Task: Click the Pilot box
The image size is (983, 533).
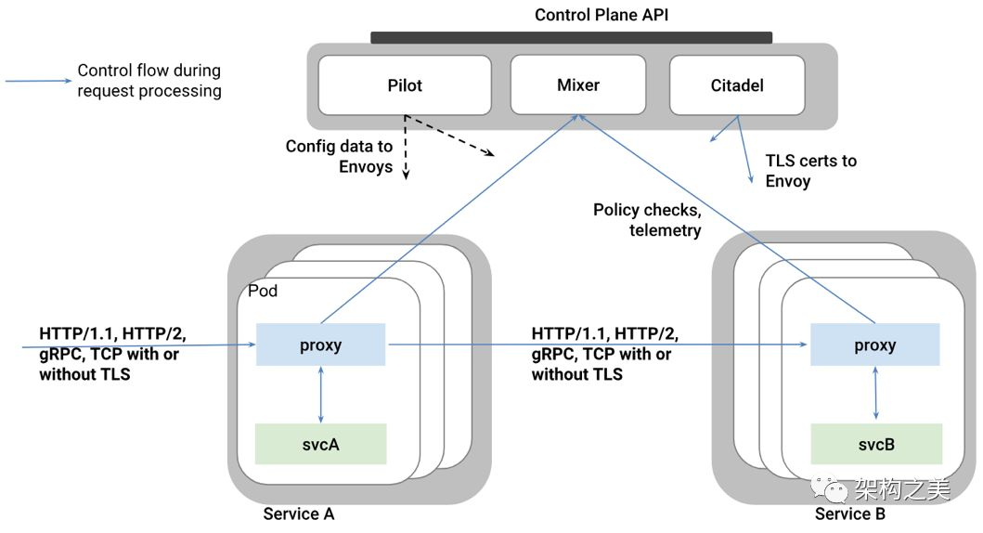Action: (405, 85)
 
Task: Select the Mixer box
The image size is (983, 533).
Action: (578, 84)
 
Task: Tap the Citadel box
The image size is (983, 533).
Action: (737, 85)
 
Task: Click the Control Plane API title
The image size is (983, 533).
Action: (601, 15)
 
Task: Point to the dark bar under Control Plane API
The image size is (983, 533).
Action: (571, 38)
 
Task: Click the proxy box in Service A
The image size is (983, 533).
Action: (320, 344)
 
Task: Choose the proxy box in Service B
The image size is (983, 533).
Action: (875, 344)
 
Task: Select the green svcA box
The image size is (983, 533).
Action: (320, 444)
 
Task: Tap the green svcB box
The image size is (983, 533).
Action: (876, 444)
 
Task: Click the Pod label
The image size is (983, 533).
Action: (263, 291)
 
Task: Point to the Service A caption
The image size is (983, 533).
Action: (298, 514)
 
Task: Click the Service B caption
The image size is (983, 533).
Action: (850, 514)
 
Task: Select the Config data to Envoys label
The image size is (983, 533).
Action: (339, 156)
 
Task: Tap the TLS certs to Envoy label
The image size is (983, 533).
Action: (810, 171)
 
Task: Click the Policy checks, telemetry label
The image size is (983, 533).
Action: (647, 219)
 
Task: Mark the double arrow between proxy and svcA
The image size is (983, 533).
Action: (321, 395)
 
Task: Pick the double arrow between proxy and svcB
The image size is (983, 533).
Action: (876, 393)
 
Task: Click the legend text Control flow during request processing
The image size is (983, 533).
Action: (149, 80)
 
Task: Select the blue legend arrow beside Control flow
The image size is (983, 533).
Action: (39, 80)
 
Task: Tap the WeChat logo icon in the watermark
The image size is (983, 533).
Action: (829, 487)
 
